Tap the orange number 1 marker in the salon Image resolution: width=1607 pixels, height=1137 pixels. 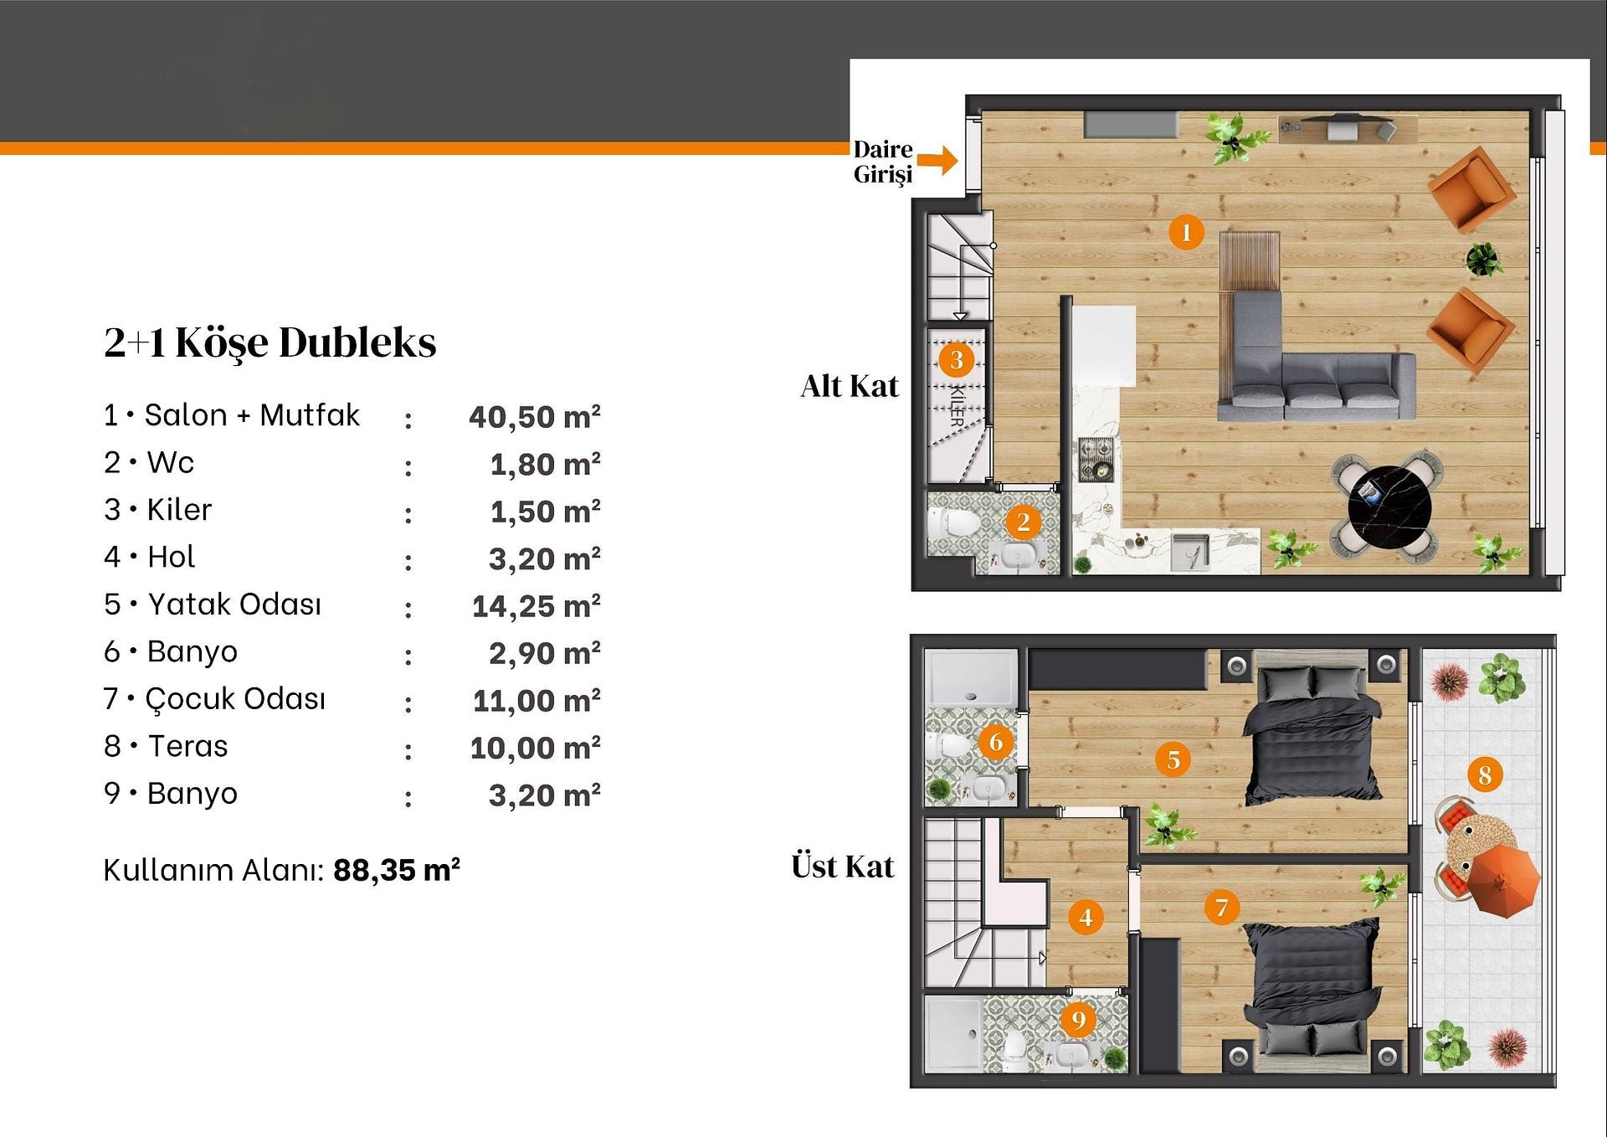(x=1186, y=232)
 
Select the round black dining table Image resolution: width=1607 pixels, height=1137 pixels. (x=1389, y=508)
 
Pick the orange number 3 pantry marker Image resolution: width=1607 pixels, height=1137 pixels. (x=957, y=360)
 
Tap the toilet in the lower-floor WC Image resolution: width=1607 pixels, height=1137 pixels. (x=952, y=523)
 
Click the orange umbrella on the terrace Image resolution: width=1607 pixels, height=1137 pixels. (x=1502, y=879)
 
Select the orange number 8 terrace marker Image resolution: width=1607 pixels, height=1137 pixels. (x=1485, y=774)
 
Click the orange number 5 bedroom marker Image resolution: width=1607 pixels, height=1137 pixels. (x=1173, y=759)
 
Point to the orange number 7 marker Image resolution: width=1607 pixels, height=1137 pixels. (x=1221, y=907)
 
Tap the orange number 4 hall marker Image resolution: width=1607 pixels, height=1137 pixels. (x=1086, y=917)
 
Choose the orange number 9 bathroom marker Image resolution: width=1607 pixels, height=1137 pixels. (x=1079, y=1019)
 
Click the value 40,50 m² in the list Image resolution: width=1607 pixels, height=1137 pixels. (x=535, y=416)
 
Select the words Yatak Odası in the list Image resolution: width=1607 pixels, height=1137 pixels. (x=234, y=604)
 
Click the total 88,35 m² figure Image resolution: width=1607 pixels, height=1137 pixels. (x=397, y=870)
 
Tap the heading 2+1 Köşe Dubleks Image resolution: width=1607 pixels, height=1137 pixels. (x=270, y=342)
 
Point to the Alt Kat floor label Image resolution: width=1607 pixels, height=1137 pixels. (x=850, y=386)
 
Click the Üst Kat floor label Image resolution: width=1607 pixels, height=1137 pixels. (x=843, y=866)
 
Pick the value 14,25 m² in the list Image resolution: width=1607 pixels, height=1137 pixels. (x=537, y=605)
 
